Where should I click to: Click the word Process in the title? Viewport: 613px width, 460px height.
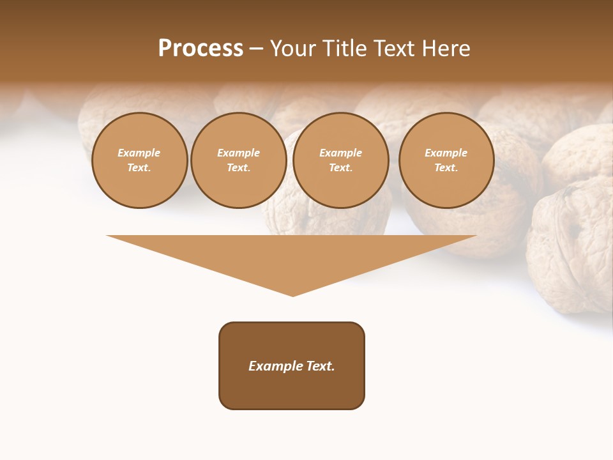pos(201,49)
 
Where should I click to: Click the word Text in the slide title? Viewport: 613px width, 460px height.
pos(398,49)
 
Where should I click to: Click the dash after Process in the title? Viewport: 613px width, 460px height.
pos(256,49)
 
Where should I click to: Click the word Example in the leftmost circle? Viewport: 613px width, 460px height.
pos(139,153)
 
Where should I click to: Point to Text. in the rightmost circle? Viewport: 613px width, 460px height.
pos(446,167)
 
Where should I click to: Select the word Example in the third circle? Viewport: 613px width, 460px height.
pos(340,153)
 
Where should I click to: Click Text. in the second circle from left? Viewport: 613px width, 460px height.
pos(238,167)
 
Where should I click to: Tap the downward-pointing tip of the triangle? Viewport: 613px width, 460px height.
pos(293,294)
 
